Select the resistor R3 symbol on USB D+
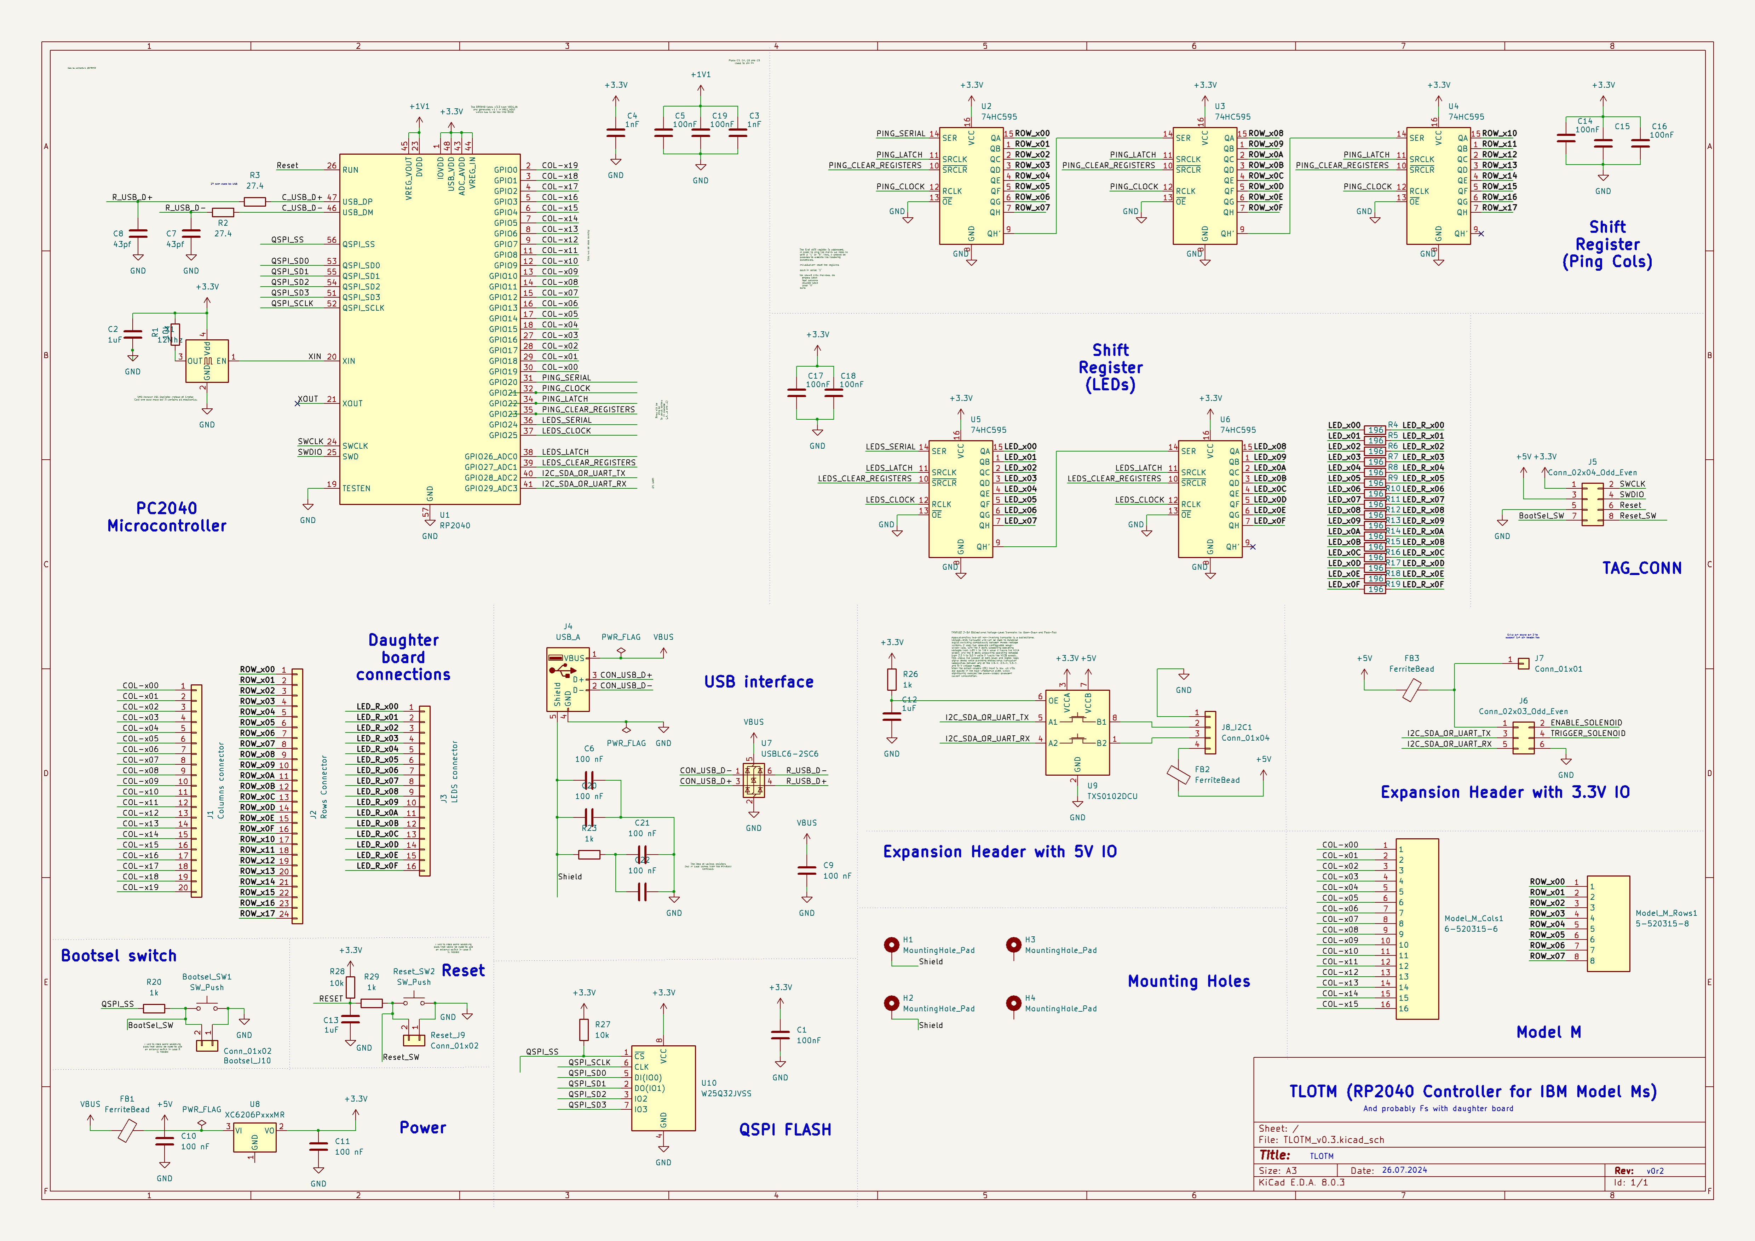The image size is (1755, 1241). pyautogui.click(x=254, y=202)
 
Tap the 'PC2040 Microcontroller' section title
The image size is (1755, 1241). pyautogui.click(x=167, y=517)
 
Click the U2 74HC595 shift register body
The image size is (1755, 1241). pyautogui.click(x=971, y=186)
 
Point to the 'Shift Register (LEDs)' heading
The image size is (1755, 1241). pyautogui.click(x=1110, y=367)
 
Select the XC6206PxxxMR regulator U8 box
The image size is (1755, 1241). pyautogui.click(x=254, y=1137)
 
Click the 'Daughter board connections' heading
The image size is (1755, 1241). pyautogui.click(x=403, y=657)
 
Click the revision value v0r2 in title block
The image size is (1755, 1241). pyautogui.click(x=1655, y=1171)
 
